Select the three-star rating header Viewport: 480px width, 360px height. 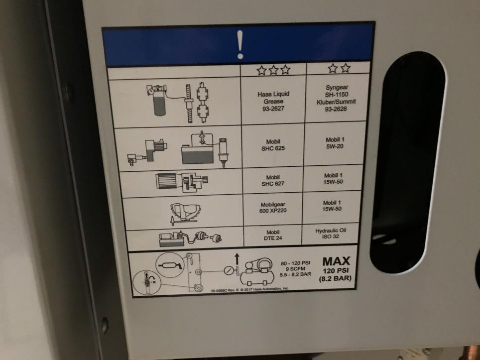point(273,70)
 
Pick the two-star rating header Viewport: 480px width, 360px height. point(339,68)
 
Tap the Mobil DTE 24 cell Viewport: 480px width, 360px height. point(273,236)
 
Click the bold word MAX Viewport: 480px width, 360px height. point(336,261)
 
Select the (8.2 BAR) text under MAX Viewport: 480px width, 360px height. point(336,279)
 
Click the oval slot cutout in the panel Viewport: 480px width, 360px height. point(407,162)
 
